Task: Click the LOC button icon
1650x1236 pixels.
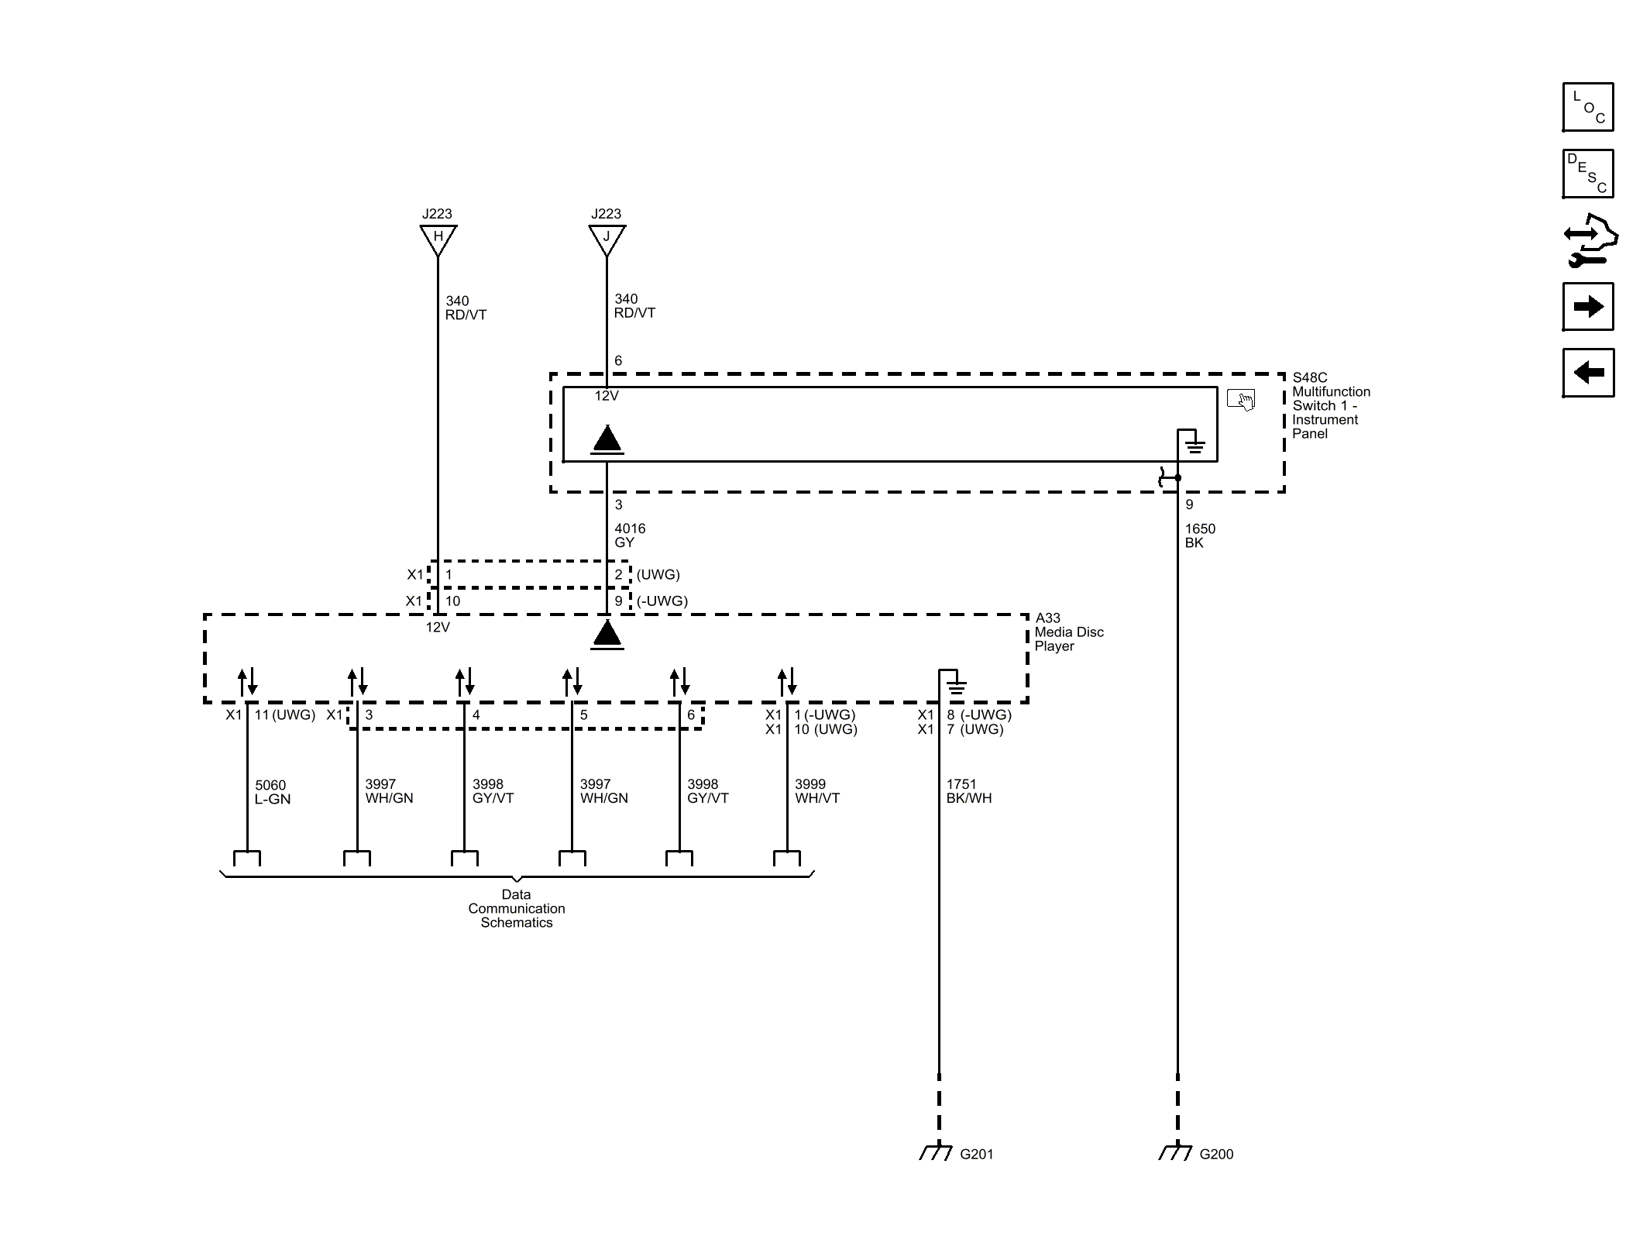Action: click(x=1587, y=107)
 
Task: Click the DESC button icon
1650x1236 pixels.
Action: click(x=1587, y=174)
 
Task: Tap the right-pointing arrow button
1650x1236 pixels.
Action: click(x=1587, y=307)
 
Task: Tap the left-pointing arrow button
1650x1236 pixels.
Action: click(x=1587, y=373)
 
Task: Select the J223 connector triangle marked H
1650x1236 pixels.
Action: click(x=438, y=238)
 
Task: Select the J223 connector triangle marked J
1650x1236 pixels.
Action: click(x=607, y=238)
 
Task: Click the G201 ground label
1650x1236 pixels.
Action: click(x=976, y=1154)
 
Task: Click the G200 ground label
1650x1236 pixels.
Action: click(x=1215, y=1154)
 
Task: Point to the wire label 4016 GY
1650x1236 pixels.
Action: click(x=629, y=535)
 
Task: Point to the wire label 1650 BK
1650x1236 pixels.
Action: click(x=1199, y=535)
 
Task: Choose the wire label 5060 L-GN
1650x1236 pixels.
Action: click(x=272, y=792)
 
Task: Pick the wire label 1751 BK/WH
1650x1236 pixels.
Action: click(x=968, y=791)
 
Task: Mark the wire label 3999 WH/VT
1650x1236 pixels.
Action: click(x=816, y=791)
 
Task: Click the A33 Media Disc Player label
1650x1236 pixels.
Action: click(x=1068, y=632)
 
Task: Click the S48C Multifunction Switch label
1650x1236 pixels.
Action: click(x=1330, y=405)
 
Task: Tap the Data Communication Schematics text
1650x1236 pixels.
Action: click(x=516, y=908)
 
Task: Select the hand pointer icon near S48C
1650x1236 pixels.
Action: click(x=1241, y=400)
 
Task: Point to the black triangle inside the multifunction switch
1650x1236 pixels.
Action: click(x=607, y=439)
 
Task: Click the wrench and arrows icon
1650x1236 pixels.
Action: click(x=1589, y=240)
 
